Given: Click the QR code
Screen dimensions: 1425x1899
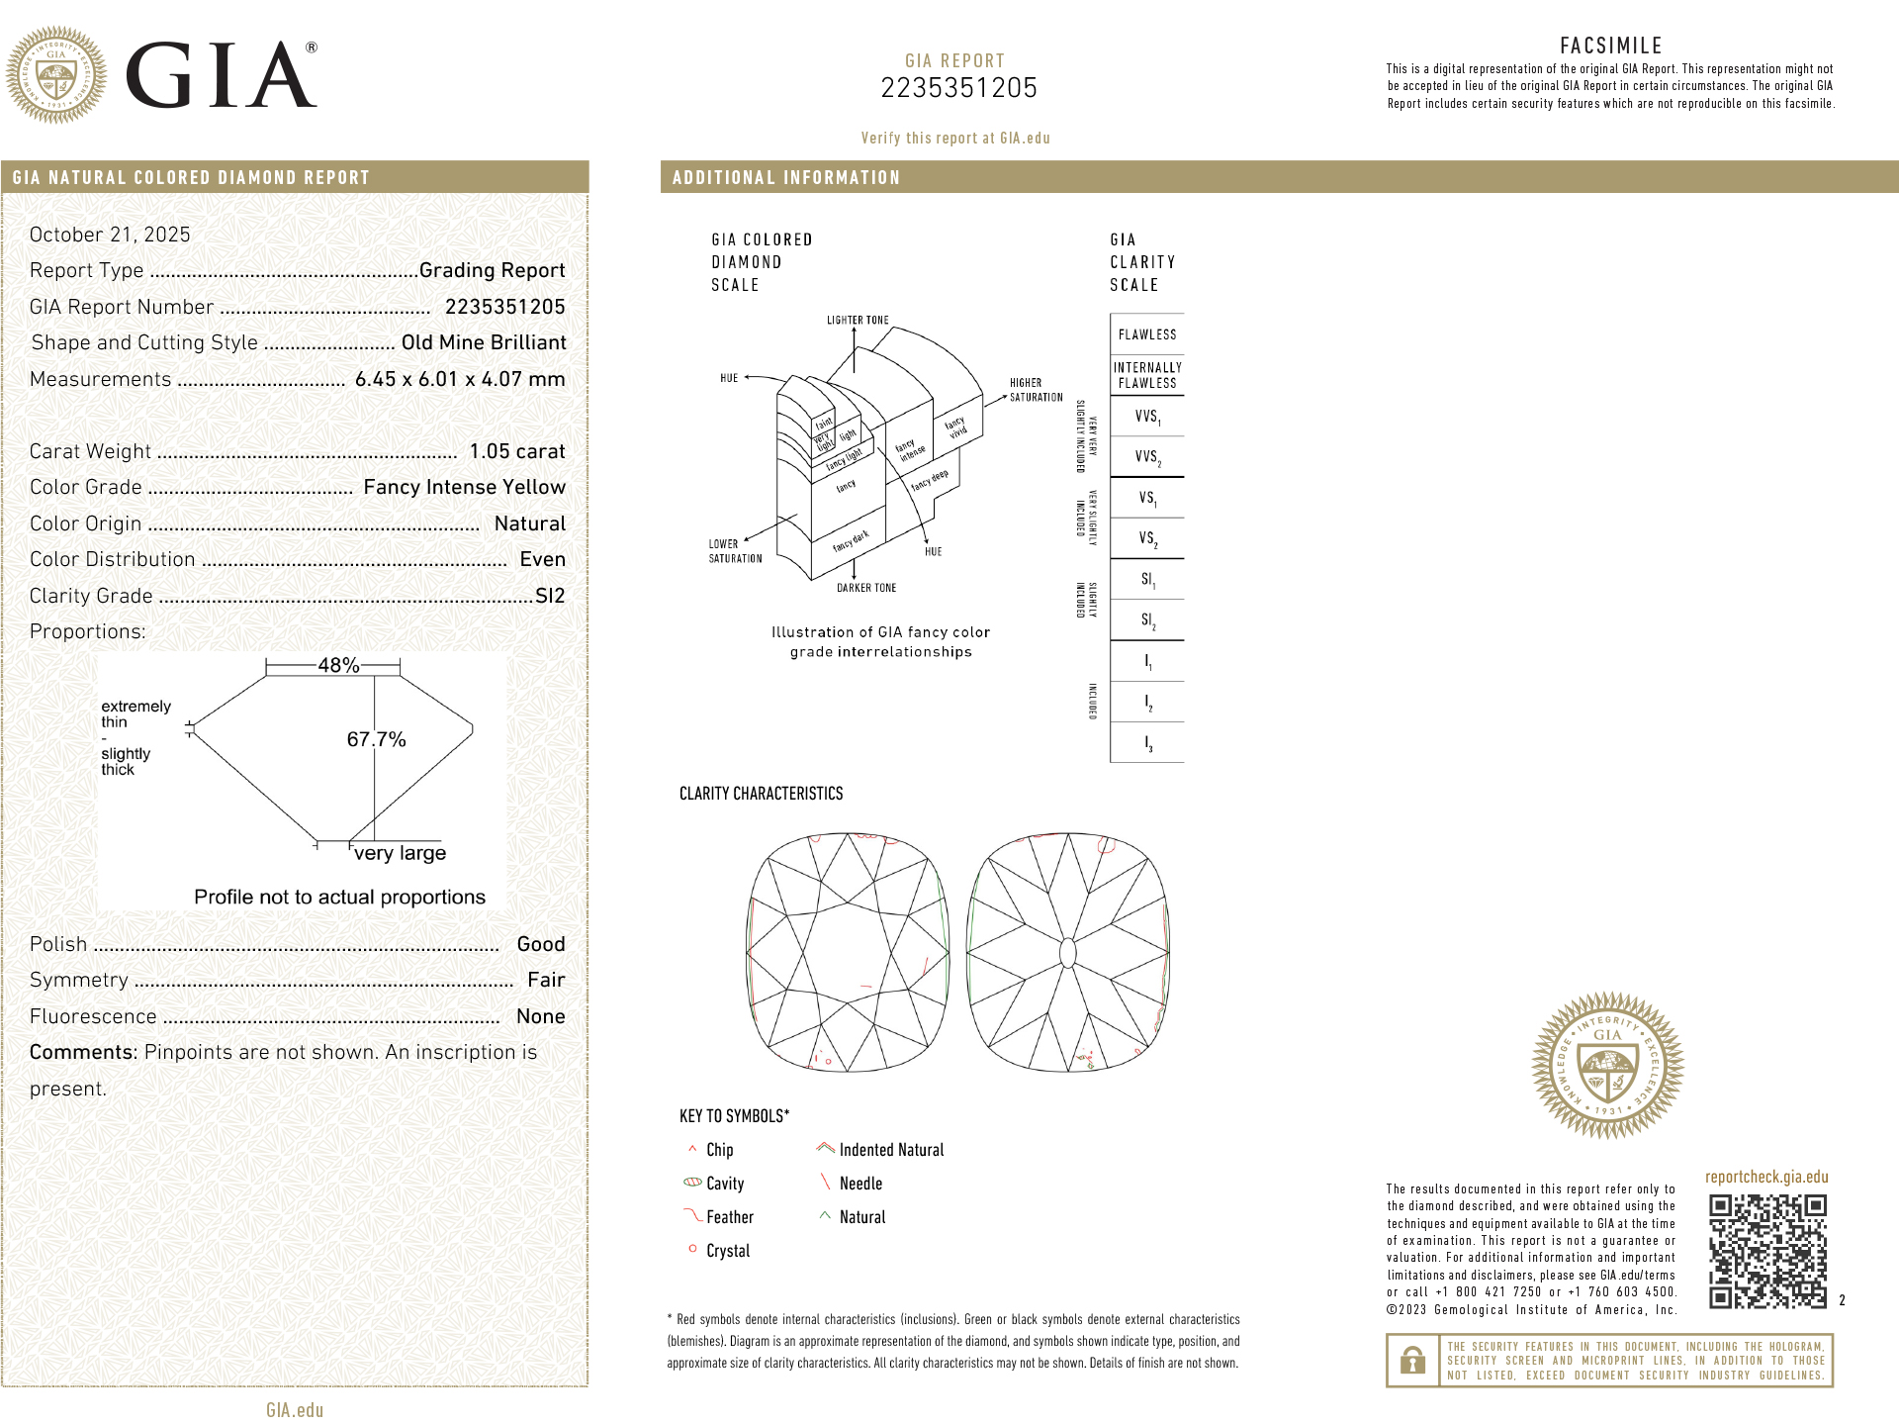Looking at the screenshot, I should tap(1767, 1252).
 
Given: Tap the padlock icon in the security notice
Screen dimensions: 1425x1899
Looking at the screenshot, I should tap(1412, 1361).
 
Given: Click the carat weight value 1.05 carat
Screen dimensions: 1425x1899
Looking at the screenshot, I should tap(516, 451).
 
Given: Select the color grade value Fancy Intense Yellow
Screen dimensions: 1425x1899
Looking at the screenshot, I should tap(464, 487).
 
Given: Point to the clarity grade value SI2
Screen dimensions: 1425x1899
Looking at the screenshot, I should tap(550, 596).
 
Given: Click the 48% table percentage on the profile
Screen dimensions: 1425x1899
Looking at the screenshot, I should tap(338, 666).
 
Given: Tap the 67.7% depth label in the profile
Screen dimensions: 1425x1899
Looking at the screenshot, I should tap(376, 739).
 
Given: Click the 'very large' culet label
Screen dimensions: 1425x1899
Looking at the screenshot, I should tap(400, 853).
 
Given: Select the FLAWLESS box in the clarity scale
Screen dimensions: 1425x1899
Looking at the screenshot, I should tap(1147, 334).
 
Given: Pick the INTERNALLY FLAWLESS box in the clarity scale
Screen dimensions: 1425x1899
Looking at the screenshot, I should tap(1147, 375).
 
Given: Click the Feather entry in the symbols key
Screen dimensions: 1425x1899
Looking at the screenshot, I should tap(729, 1217).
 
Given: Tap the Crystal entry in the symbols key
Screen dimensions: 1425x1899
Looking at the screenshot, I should tap(727, 1251).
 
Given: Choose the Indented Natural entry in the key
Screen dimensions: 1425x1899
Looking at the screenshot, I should tap(890, 1150).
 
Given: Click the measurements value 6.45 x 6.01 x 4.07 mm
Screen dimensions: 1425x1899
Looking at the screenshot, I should tap(460, 379).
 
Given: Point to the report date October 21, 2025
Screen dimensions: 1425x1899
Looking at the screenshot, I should tap(110, 235).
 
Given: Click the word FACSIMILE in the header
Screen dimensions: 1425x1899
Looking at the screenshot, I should tap(1611, 46).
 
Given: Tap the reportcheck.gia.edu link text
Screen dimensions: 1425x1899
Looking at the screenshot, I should tap(1766, 1177).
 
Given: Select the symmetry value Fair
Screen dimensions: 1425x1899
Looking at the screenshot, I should tap(546, 980).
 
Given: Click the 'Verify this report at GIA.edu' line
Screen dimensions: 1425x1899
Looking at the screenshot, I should tap(955, 139).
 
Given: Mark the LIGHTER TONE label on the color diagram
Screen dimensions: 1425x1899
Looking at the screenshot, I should tap(858, 321).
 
